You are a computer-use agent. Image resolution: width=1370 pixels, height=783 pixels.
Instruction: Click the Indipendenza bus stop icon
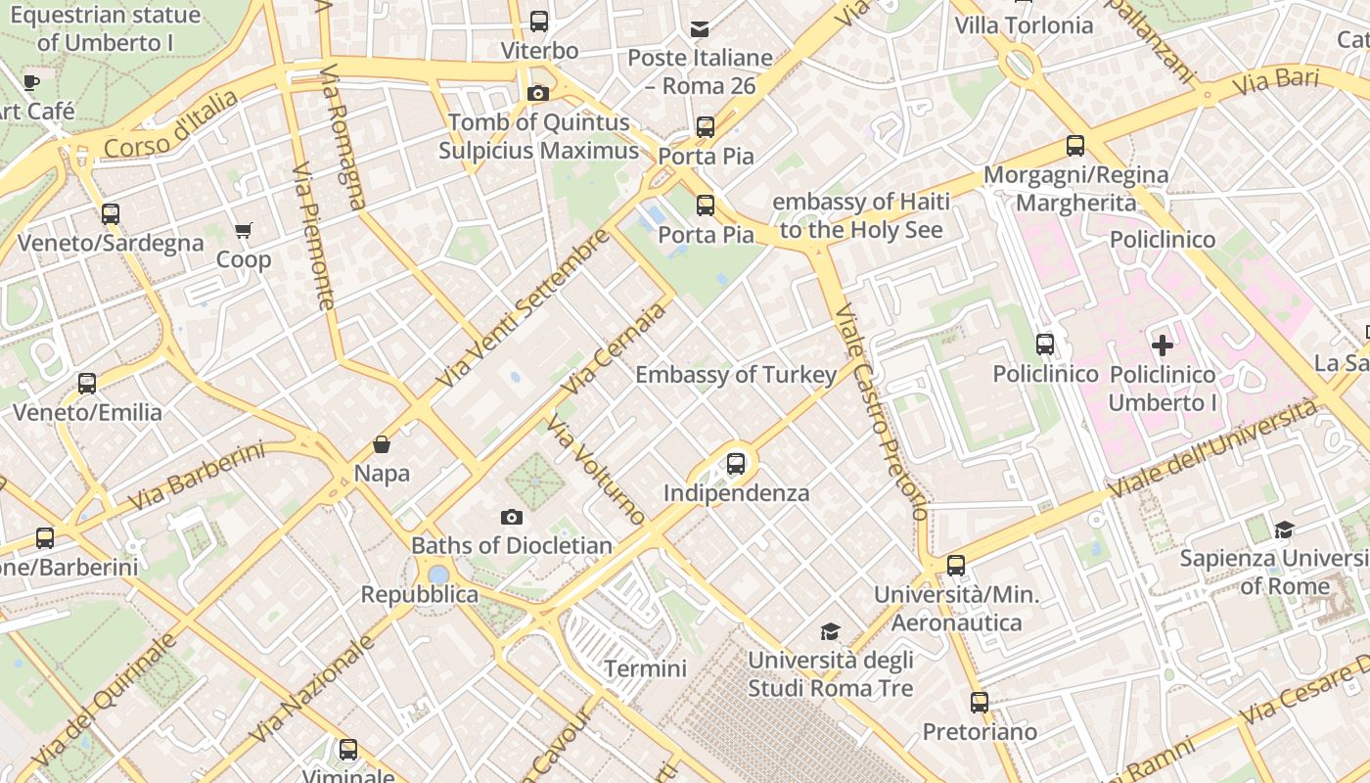736,464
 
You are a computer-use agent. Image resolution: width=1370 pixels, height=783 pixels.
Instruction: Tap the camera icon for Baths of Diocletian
511,517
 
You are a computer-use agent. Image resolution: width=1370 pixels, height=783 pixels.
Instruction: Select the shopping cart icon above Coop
243,231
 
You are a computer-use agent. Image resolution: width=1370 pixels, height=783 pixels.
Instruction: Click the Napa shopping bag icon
382,444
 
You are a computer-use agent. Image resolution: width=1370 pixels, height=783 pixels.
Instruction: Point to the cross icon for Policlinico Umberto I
1163,345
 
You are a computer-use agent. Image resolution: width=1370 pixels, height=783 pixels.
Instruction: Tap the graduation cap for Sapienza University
1284,530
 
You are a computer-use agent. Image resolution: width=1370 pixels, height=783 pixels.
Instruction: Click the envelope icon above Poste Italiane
700,28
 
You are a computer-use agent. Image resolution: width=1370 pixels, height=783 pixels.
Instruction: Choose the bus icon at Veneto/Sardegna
111,213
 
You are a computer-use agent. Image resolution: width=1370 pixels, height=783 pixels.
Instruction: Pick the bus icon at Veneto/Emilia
87,383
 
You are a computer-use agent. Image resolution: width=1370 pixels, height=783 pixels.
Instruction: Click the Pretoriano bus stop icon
980,702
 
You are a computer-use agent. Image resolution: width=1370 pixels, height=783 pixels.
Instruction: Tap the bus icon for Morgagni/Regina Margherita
1075,146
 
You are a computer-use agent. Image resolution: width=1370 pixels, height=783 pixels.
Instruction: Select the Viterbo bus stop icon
539,22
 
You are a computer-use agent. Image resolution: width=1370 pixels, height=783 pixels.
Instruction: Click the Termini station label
645,668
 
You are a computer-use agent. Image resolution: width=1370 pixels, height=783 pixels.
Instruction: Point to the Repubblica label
420,594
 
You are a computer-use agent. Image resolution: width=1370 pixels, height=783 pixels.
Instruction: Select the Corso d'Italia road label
171,125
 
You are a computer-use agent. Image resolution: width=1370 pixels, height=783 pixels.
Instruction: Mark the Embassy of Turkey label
736,375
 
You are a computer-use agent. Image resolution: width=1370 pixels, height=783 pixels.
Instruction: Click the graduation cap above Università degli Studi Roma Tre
830,631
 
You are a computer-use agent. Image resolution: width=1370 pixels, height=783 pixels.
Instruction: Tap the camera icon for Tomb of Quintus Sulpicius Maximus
537,94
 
